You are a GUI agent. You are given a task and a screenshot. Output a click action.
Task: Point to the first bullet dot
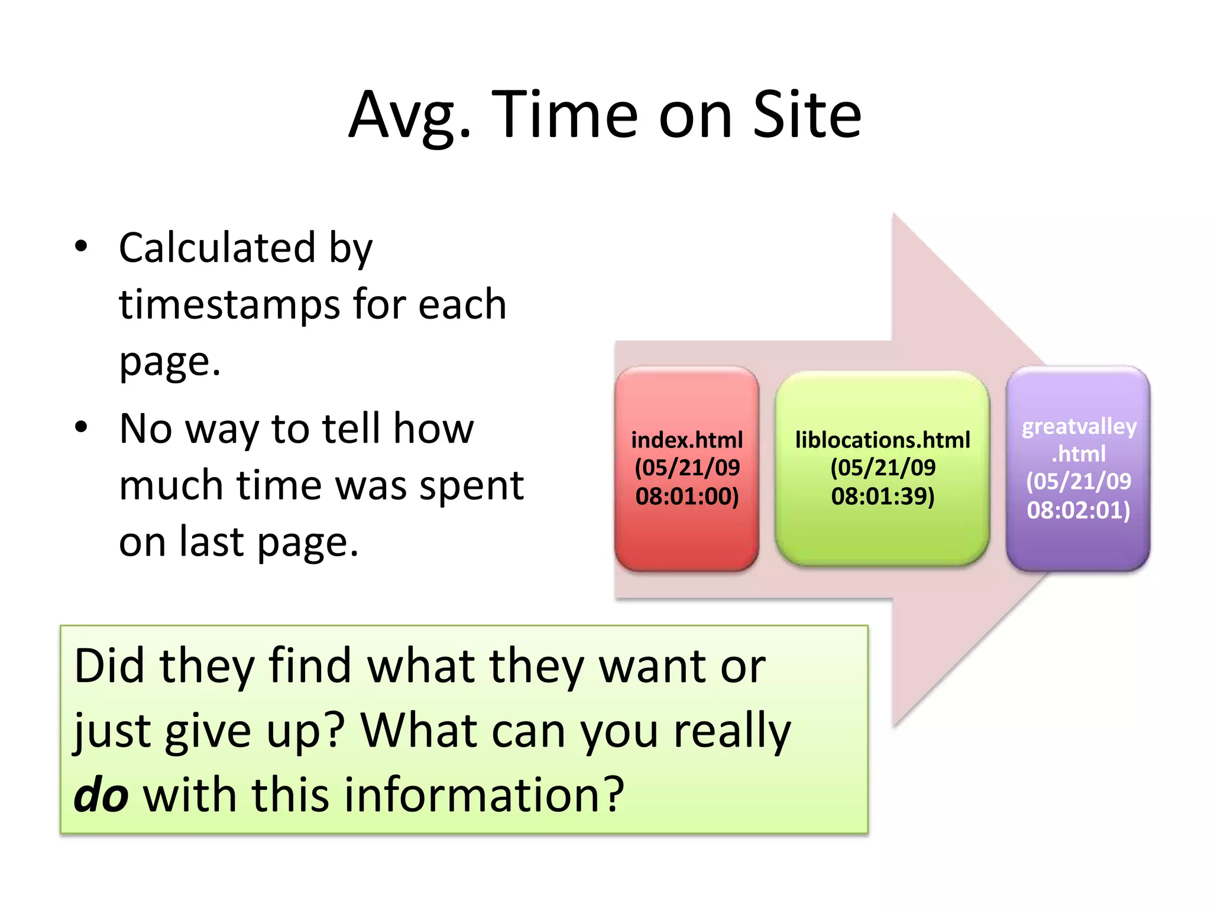click(x=82, y=247)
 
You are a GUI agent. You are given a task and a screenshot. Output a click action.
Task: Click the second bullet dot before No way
click(x=82, y=427)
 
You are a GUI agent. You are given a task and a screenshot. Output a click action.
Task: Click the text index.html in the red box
click(x=687, y=440)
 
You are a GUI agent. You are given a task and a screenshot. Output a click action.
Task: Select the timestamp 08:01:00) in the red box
click(x=687, y=496)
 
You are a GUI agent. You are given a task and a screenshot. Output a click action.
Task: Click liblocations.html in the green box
click(x=882, y=440)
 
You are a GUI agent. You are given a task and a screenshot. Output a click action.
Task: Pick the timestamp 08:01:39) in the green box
click(x=882, y=496)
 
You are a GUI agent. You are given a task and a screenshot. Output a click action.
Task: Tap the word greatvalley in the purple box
click(x=1079, y=427)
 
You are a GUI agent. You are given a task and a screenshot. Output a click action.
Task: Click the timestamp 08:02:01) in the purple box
click(x=1078, y=510)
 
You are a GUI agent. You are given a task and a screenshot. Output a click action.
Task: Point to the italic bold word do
click(x=101, y=794)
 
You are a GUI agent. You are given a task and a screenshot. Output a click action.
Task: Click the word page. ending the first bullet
click(x=170, y=362)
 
